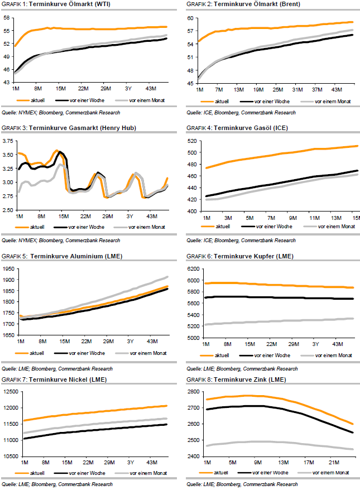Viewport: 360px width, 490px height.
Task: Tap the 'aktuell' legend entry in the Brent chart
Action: pyautogui.click(x=222, y=102)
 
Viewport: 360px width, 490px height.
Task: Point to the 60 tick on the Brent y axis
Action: pyautogui.click(x=190, y=18)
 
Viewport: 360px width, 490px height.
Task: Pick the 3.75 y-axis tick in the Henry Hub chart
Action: pyautogui.click(x=8, y=141)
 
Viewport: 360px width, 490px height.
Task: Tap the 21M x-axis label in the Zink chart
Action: pyautogui.click(x=334, y=463)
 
